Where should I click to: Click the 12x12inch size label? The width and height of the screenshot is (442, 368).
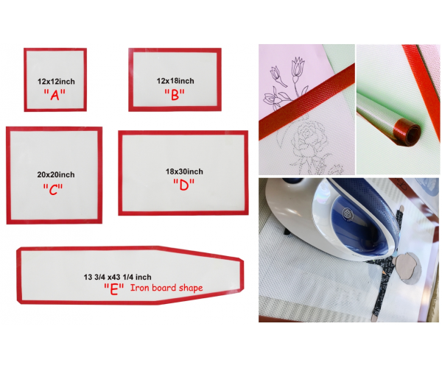[57, 82]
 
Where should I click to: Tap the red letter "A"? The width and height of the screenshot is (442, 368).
[55, 95]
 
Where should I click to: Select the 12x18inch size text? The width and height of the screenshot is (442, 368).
[175, 81]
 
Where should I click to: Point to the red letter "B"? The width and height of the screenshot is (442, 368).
[175, 95]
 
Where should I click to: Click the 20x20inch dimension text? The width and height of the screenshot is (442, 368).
[56, 174]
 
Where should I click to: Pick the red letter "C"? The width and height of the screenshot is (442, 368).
[53, 189]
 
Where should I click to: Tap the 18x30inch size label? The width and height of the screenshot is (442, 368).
[184, 171]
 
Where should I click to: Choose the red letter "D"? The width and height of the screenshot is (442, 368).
[183, 185]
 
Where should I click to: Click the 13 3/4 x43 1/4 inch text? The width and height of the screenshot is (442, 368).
[117, 277]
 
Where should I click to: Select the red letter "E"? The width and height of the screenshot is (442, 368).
[114, 289]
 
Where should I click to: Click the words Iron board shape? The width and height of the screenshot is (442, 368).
[166, 288]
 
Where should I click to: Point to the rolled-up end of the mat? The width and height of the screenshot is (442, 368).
[407, 132]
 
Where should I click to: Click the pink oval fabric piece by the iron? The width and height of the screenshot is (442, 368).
[406, 266]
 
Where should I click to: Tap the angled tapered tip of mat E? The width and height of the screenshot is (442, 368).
[242, 276]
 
